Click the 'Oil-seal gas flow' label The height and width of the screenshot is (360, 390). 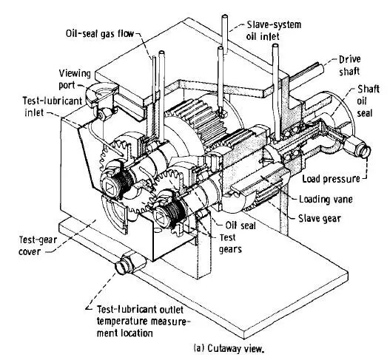[100, 33]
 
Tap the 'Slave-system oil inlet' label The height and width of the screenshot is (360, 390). [274, 30]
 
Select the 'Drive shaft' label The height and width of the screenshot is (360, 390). [350, 65]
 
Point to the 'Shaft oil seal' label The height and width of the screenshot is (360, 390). [368, 101]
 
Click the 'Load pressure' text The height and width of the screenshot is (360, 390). [331, 179]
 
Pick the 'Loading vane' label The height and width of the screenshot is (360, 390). [326, 200]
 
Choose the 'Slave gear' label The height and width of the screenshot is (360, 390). [320, 218]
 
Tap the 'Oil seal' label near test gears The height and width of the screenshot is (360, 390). [241, 225]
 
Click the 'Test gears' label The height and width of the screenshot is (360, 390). [230, 243]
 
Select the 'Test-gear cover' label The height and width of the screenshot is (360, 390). [38, 246]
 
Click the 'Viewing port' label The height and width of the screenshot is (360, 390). [75, 79]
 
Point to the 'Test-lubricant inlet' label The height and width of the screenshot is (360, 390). [53, 106]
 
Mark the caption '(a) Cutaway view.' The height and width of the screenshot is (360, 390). [229, 348]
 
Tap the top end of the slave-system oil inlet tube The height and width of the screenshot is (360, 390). [225, 17]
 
